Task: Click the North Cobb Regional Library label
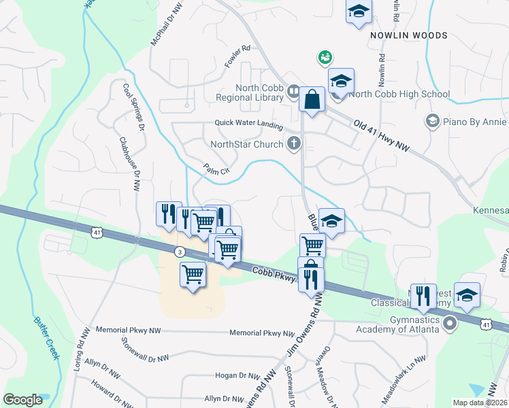(259, 92)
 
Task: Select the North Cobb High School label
(399, 95)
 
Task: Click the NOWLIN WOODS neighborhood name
(399, 35)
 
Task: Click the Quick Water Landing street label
(248, 123)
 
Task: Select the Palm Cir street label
(214, 170)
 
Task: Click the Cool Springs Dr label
(133, 107)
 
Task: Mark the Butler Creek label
(46, 340)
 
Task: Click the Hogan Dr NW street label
(228, 375)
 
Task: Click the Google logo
(22, 400)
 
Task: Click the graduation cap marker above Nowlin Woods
(359, 11)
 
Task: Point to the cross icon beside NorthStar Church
(294, 143)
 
